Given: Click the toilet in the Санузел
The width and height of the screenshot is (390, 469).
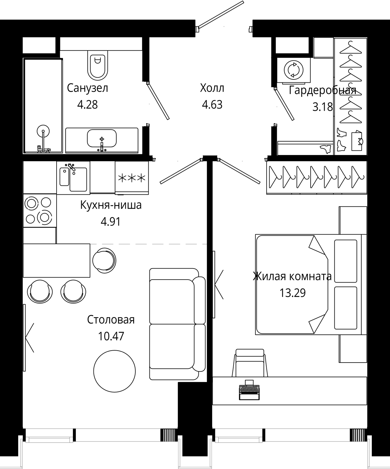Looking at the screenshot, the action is pos(98,65).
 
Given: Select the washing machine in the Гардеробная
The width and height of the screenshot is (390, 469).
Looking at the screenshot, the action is pos(294,70).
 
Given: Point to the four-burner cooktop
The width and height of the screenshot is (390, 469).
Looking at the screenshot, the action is pos(40,210).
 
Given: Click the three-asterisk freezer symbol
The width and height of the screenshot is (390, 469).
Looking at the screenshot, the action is pos(132,178).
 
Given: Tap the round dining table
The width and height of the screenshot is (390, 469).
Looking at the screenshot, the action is pos(115,371).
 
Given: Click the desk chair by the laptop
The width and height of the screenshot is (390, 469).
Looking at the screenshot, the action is pos(250,363).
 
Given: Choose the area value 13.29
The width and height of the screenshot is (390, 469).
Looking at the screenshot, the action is pos(292,293).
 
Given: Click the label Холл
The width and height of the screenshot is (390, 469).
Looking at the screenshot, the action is pos(212,88).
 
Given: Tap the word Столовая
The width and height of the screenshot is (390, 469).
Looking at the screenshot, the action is pos(111,320).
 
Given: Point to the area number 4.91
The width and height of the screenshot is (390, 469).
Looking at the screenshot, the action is pos(110,222).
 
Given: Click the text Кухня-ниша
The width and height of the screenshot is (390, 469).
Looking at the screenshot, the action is pos(111,205).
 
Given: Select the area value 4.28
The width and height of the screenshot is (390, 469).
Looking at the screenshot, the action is pos(87,104).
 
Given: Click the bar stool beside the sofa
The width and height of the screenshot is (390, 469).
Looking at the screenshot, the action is pos(104,259).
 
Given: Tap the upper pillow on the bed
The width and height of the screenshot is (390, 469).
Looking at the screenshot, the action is pos(346,261).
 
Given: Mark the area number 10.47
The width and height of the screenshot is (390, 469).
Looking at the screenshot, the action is pos(111,336).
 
